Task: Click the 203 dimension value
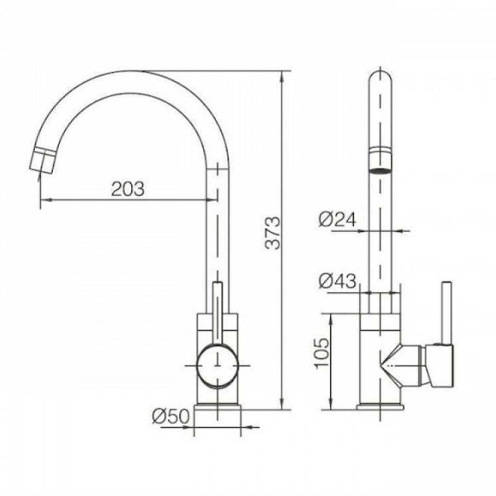pyautogui.click(x=128, y=189)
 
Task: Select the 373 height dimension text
pyautogui.click(x=272, y=233)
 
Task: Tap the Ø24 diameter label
pyautogui.click(x=337, y=219)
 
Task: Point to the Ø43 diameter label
pyautogui.click(x=337, y=281)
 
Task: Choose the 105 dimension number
pyautogui.click(x=321, y=352)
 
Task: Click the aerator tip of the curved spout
pyautogui.click(x=43, y=160)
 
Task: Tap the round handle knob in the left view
pyautogui.click(x=218, y=366)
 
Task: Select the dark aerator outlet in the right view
pyautogui.click(x=380, y=171)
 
